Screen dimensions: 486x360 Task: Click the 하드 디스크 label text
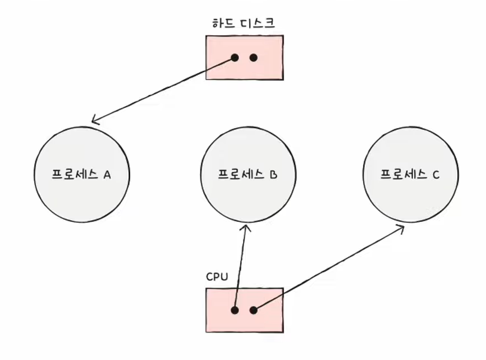pos(244,23)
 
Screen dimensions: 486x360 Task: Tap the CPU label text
pos(217,276)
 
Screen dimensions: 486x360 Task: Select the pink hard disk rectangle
pos(245,58)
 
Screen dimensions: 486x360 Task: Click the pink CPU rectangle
pos(245,311)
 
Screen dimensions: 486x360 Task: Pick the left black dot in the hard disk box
pos(235,58)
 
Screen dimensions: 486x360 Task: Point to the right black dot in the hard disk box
pos(254,58)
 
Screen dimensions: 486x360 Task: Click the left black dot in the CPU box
pos(235,310)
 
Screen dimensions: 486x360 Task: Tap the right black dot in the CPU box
pos(254,310)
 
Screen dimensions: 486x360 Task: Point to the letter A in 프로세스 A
pos(107,175)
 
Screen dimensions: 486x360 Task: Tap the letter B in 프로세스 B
pos(273,175)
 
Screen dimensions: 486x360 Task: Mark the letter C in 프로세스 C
pos(436,175)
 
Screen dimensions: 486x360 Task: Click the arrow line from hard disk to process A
pos(164,90)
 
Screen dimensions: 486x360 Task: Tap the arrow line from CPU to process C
pos(329,268)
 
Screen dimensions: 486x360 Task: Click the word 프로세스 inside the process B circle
pos(241,175)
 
